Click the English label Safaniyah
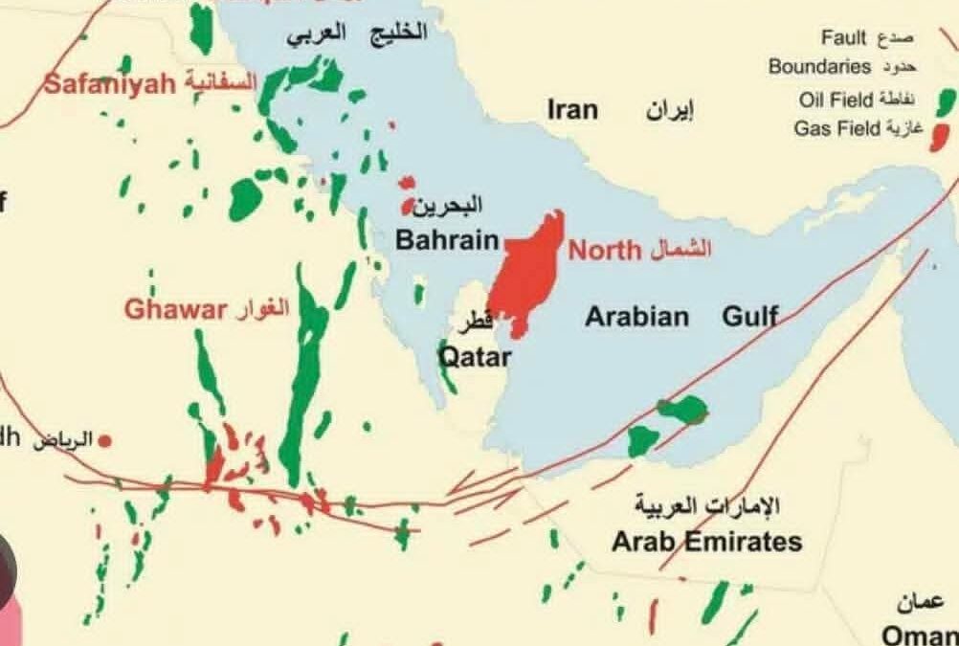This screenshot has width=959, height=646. [110, 83]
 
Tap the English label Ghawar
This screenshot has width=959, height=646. [175, 309]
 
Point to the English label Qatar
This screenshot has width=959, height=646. [475, 358]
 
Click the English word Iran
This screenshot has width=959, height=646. [572, 109]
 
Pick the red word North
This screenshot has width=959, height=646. [604, 251]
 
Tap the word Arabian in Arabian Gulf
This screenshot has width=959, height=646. [636, 316]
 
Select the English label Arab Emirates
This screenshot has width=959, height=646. [706, 542]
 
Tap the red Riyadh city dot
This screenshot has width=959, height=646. [105, 440]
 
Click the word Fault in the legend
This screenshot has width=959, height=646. [843, 38]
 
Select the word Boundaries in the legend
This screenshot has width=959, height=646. [819, 67]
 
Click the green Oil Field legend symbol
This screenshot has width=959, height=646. [947, 100]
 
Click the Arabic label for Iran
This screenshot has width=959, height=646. [669, 110]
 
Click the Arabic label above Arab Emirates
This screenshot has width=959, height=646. [709, 504]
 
